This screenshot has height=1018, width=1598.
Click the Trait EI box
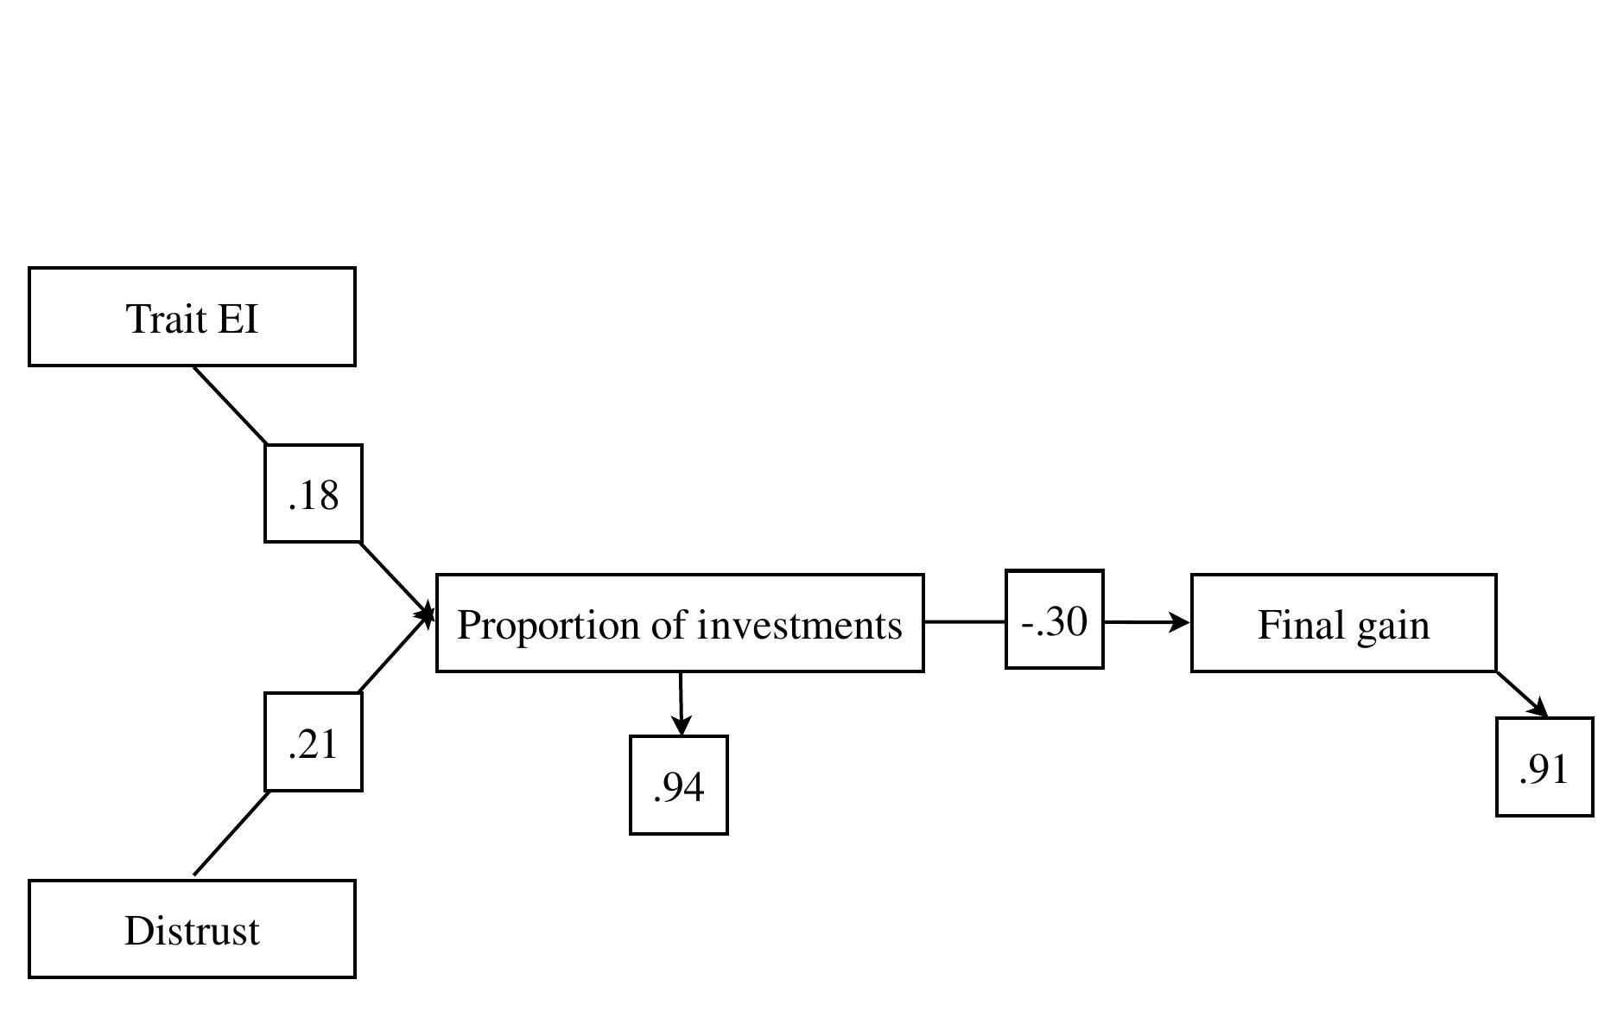(x=192, y=316)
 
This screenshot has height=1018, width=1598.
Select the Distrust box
(x=192, y=929)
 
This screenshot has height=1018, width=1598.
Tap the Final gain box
(x=1343, y=623)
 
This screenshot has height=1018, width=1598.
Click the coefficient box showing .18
(x=313, y=494)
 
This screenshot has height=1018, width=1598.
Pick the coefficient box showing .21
(x=313, y=741)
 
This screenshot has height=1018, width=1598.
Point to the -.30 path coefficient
(x=1054, y=620)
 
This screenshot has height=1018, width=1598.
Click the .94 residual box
(x=678, y=785)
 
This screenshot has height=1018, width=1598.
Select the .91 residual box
(x=1544, y=767)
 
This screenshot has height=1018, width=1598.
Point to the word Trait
(x=167, y=318)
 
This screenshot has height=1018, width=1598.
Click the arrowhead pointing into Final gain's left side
(x=1180, y=621)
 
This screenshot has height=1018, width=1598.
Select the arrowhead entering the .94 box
(x=682, y=727)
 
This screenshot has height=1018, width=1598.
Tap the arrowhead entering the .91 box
(x=1538, y=708)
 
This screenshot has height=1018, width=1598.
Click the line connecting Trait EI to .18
(x=230, y=405)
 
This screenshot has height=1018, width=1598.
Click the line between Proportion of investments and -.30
(x=964, y=621)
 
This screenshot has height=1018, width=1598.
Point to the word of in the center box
(x=669, y=625)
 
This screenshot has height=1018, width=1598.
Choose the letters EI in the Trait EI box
(x=238, y=318)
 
